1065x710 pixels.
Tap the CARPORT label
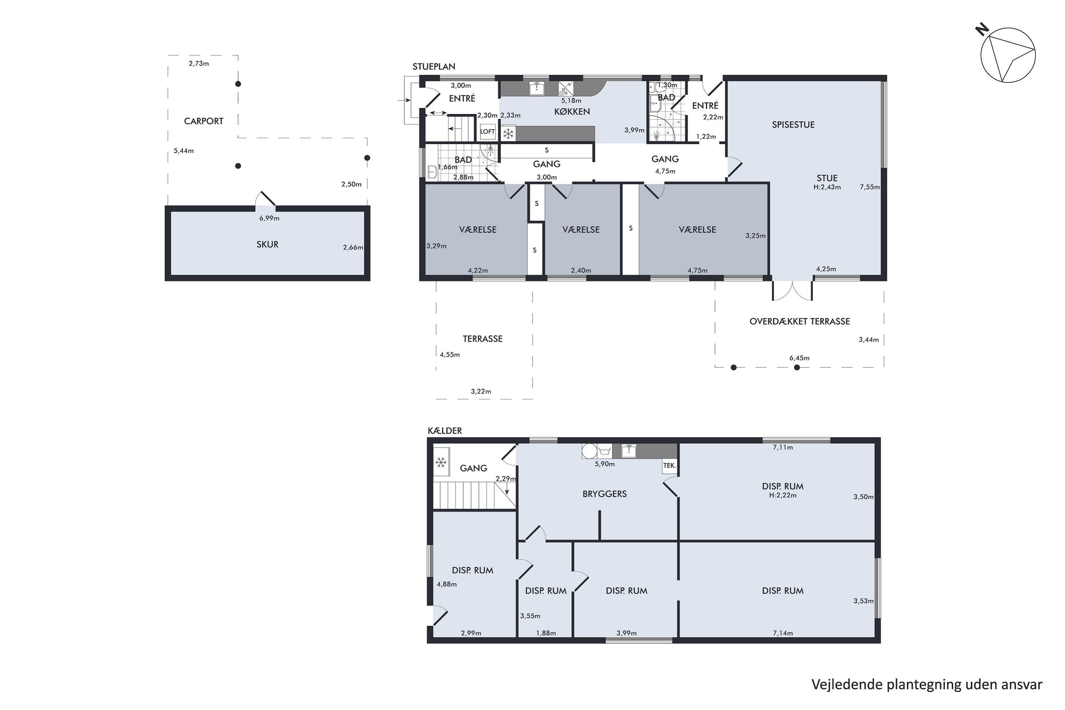point(203,121)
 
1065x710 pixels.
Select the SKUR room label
point(267,245)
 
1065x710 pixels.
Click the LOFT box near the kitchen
point(487,132)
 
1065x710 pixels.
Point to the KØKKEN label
point(572,111)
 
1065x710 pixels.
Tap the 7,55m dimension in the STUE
point(870,187)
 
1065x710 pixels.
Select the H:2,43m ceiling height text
point(827,187)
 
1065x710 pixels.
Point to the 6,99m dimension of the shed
point(269,218)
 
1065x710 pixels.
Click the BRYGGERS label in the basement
point(605,494)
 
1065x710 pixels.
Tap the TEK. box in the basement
point(670,465)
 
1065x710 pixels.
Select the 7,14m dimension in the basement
point(782,633)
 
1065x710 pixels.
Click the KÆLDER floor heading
point(445,431)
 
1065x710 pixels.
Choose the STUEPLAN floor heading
point(434,67)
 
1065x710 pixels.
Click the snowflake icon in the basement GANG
point(441,462)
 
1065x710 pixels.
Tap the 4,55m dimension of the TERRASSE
point(450,355)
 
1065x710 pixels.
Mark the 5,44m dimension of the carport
point(184,151)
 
